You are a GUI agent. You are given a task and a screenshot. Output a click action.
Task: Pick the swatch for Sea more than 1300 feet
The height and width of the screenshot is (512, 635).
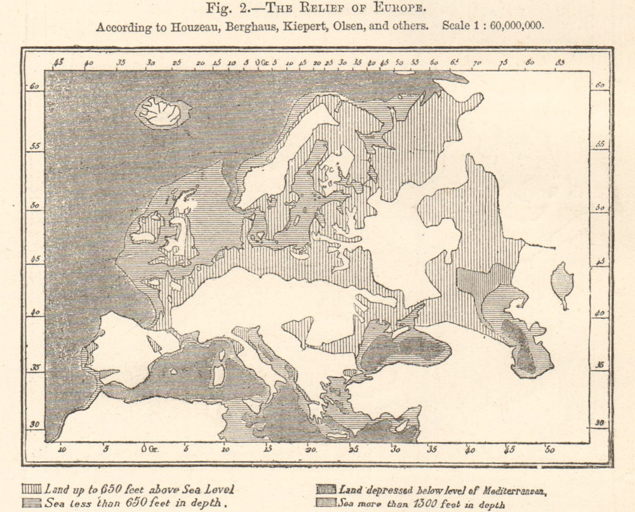coord(326,504)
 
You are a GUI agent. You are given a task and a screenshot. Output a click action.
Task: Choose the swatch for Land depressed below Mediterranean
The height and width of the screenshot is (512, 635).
coord(326,489)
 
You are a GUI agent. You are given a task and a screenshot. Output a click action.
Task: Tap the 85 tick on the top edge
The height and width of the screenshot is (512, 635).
coord(561,63)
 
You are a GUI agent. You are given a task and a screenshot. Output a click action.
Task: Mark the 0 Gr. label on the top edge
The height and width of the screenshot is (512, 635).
coord(261,63)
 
